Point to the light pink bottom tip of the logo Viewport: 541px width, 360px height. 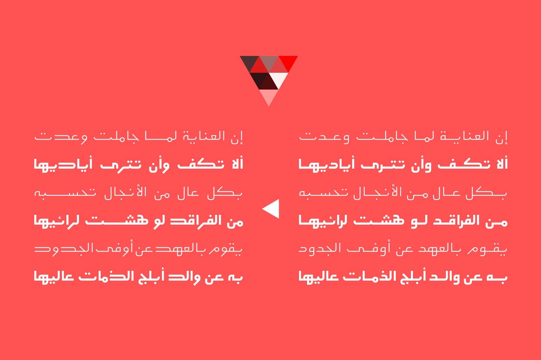click(x=269, y=96)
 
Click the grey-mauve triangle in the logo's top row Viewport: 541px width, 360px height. click(x=269, y=61)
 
